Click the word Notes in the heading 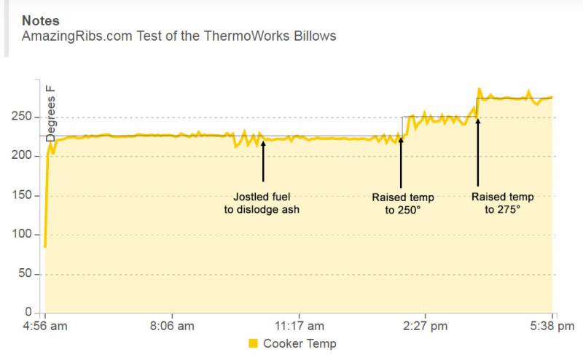pyautogui.click(x=41, y=20)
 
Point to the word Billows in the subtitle pyautogui.click(x=314, y=36)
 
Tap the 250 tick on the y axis pyautogui.click(x=28, y=117)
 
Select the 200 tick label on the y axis pyautogui.click(x=28, y=156)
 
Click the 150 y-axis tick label pyautogui.click(x=28, y=195)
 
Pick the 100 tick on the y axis pyautogui.click(x=28, y=235)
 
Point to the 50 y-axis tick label pyautogui.click(x=31, y=274)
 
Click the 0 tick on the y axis pyautogui.click(x=34, y=313)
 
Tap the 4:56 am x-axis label pyautogui.click(x=46, y=326)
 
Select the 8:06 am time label pyautogui.click(x=173, y=326)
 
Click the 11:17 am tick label pyautogui.click(x=300, y=326)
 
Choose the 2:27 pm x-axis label pyautogui.click(x=426, y=326)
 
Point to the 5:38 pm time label pyautogui.click(x=552, y=326)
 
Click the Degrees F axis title pyautogui.click(x=51, y=113)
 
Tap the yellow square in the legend pyautogui.click(x=253, y=343)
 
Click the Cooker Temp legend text pyautogui.click(x=300, y=343)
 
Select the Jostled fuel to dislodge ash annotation pyautogui.click(x=262, y=203)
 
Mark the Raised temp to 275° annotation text pyautogui.click(x=503, y=203)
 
